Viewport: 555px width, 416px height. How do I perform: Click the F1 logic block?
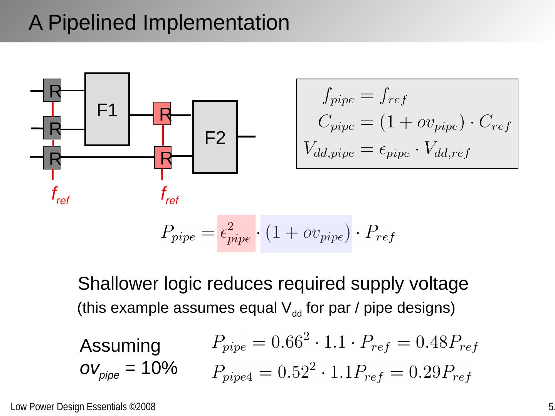tap(107, 109)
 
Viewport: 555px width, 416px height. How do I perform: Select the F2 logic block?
tap(215, 137)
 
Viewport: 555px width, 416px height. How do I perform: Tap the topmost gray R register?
tap(52, 91)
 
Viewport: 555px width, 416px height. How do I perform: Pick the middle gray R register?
tap(52, 128)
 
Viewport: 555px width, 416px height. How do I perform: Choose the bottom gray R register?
tap(52, 158)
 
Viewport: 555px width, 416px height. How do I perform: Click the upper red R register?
tap(162, 114)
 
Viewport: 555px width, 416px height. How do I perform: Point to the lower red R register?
tap(163, 158)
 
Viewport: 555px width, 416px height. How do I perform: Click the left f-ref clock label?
tap(60, 195)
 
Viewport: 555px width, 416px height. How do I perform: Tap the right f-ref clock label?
tap(169, 195)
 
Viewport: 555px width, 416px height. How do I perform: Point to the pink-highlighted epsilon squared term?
tap(236, 233)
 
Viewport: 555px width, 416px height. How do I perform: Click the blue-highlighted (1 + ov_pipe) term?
tap(306, 233)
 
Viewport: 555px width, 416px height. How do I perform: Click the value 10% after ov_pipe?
tap(159, 369)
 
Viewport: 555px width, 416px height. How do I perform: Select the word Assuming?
tap(120, 346)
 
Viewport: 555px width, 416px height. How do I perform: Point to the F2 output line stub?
tap(247, 136)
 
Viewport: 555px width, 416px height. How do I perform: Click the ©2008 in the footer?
tap(142, 407)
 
